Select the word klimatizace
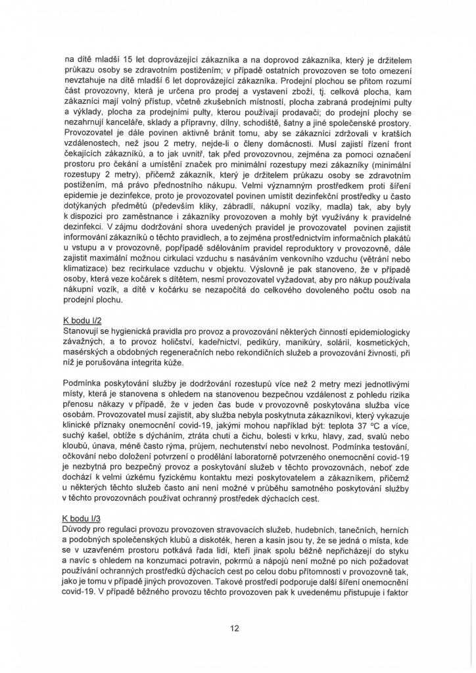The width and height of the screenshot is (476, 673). point(81,269)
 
